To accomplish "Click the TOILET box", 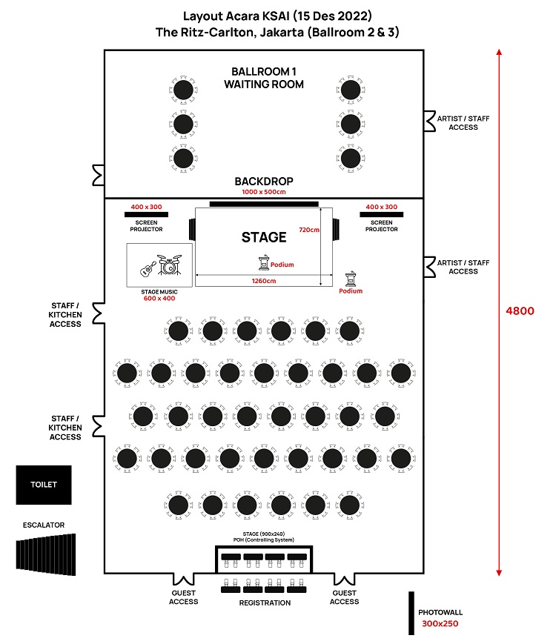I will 44,485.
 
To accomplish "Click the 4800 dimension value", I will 520,311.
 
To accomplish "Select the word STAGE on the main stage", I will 263,237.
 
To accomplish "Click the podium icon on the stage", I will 262,262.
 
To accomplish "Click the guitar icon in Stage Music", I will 148,268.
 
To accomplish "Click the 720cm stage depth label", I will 308,229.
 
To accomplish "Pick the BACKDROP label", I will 264,182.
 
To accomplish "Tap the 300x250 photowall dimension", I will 440,625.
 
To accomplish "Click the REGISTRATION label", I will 264,602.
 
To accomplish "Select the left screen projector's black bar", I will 146,215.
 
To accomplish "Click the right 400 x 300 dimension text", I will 381,207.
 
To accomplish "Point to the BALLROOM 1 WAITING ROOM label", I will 264,78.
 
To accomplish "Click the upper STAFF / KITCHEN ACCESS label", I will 65,314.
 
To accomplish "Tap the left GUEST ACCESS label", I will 183,597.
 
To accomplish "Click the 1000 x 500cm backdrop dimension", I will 264,192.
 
